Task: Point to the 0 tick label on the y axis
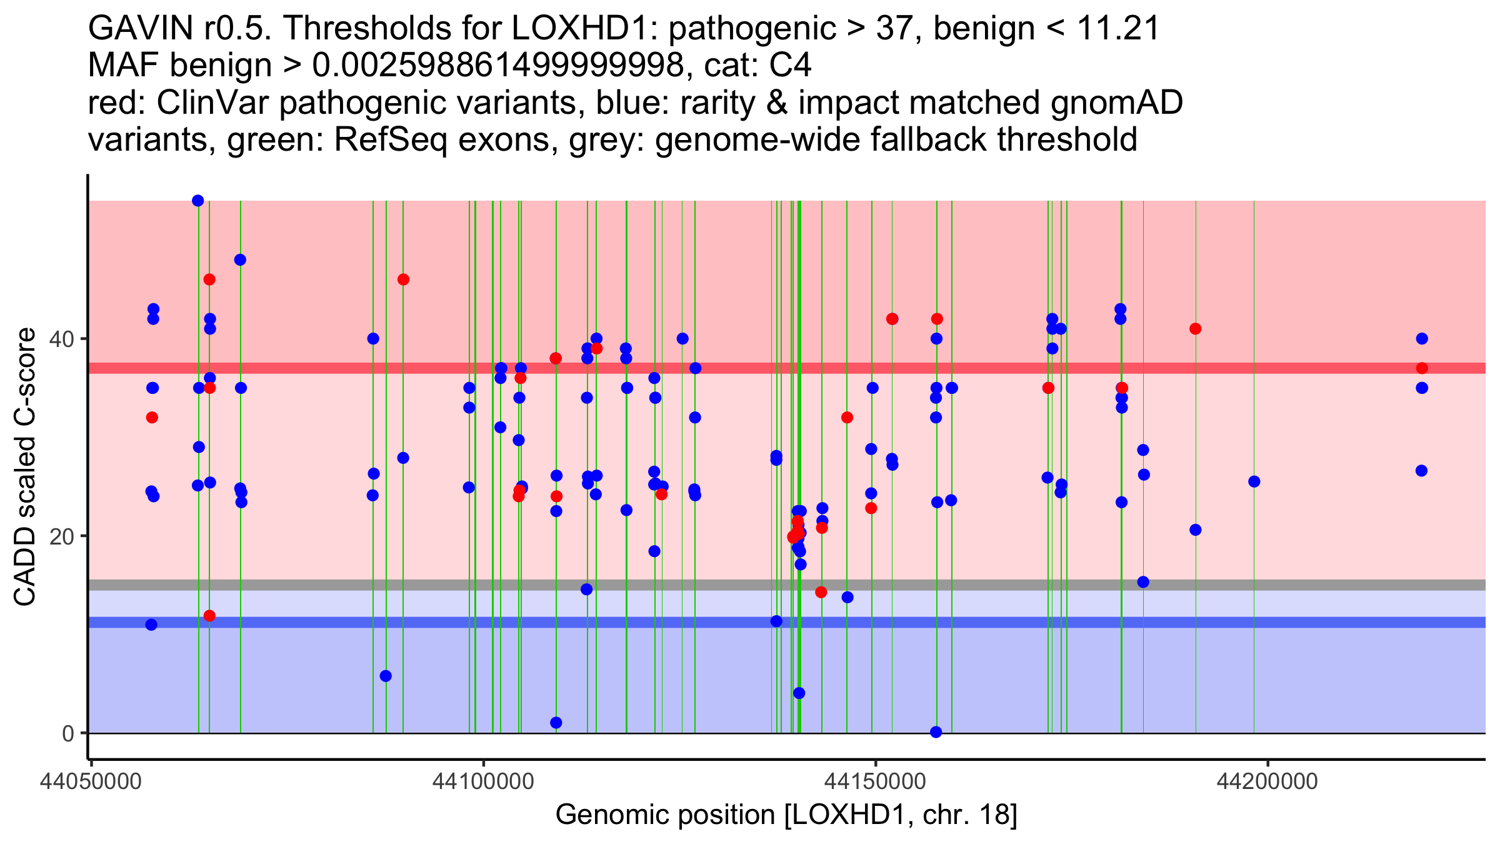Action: [x=67, y=734]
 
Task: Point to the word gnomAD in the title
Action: [x=1116, y=103]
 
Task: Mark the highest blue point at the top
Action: [x=198, y=201]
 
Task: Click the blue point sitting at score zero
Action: [x=936, y=732]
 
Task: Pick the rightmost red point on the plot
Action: [x=1422, y=368]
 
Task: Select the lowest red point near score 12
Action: [x=209, y=616]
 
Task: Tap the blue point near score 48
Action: [x=240, y=260]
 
